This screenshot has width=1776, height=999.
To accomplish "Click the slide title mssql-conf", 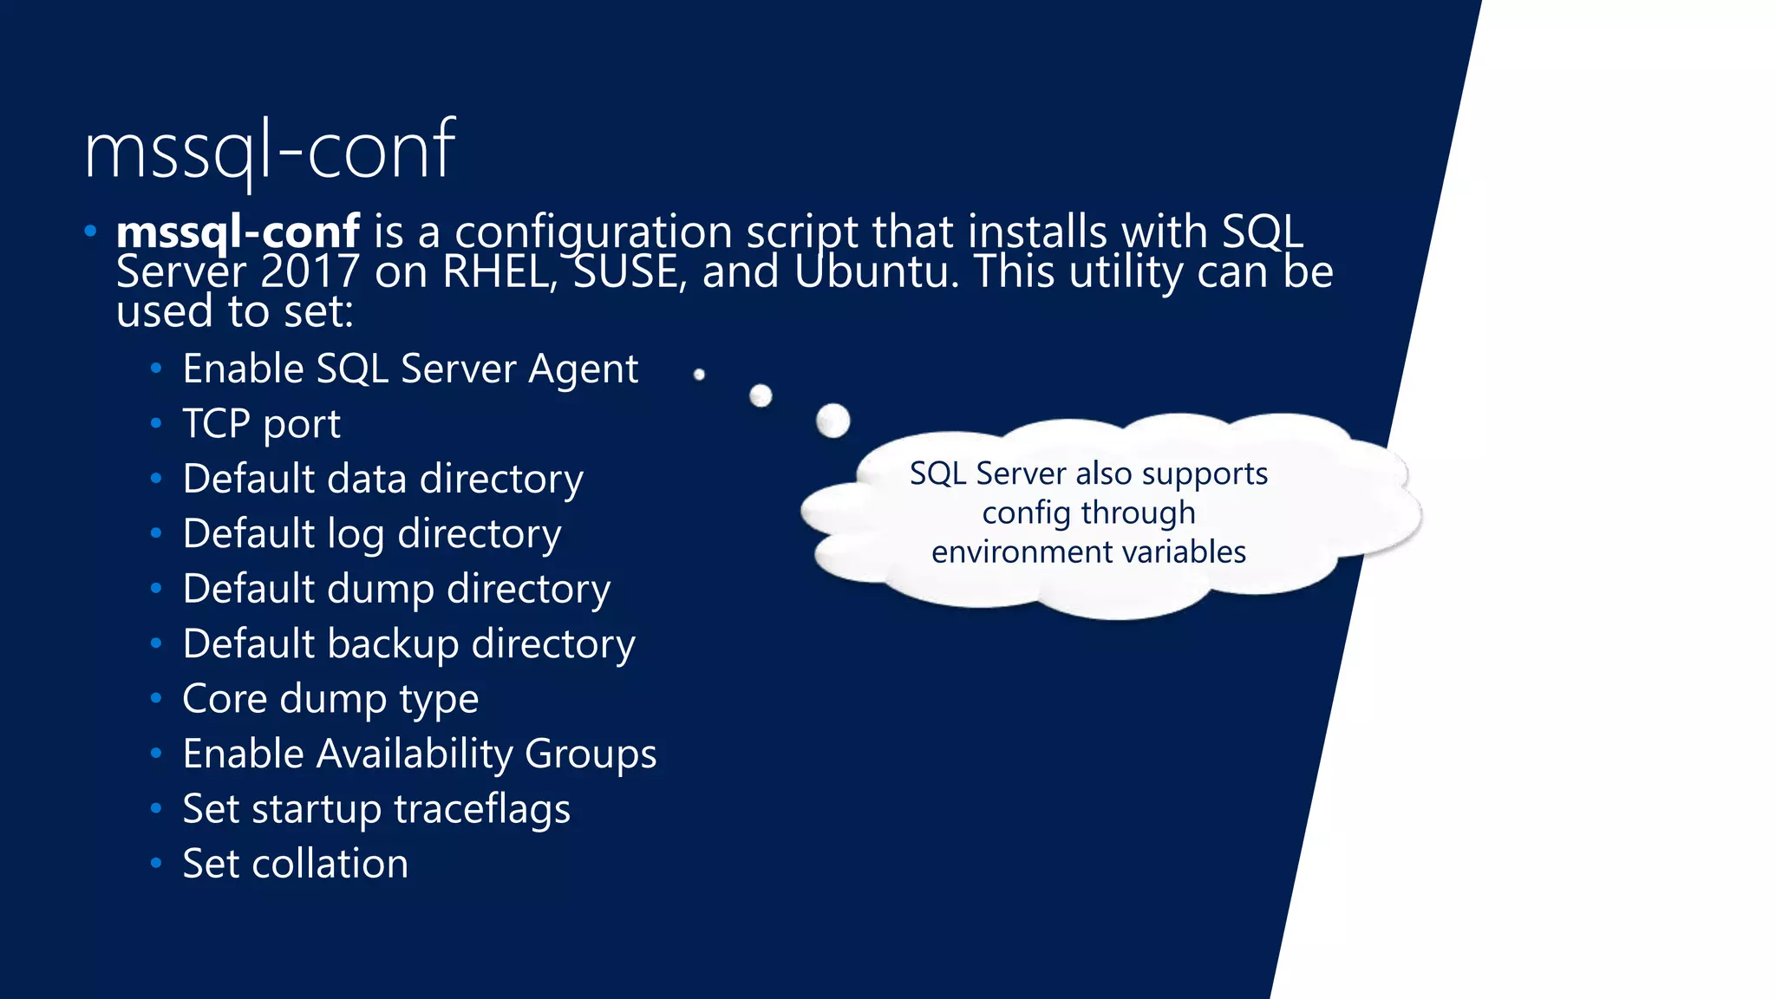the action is [x=270, y=152].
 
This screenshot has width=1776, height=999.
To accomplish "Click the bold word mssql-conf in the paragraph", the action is [x=238, y=232].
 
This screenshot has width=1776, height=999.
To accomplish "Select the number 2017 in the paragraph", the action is [x=310, y=271].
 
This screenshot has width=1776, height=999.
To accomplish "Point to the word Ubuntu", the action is [x=877, y=271].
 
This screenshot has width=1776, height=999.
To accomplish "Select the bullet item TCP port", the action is [x=261, y=424].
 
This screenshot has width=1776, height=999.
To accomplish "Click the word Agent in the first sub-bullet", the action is [x=584, y=369].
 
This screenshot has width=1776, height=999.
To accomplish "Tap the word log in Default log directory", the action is [x=356, y=534].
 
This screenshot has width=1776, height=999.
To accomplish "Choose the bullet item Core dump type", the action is [x=330, y=699].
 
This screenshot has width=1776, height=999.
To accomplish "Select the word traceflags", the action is [x=482, y=809].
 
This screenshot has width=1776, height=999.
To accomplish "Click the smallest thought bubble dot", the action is [x=699, y=375].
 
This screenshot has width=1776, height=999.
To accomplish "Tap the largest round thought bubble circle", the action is [x=833, y=421].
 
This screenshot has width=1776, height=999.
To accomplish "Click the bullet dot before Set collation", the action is [x=156, y=863].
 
